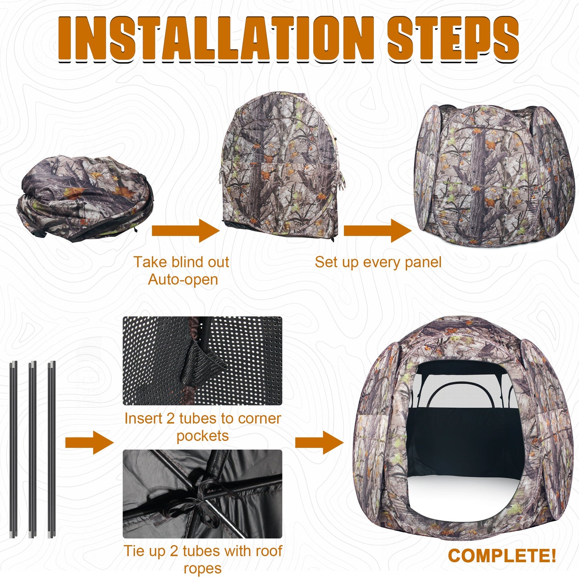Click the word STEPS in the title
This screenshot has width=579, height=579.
tap(453, 39)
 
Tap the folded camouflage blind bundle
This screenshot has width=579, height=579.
tap(84, 198)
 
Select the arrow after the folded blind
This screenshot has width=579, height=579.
tap(185, 231)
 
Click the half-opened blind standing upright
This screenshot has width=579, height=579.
tap(280, 166)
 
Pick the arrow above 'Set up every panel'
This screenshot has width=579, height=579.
tap(377, 231)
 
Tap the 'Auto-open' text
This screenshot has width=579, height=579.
tap(183, 280)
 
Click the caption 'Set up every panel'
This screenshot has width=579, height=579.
tap(378, 262)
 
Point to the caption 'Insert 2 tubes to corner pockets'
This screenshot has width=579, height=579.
tap(203, 427)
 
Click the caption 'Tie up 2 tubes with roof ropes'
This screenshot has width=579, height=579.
tap(203, 559)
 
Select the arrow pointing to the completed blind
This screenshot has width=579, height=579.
tap(319, 442)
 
